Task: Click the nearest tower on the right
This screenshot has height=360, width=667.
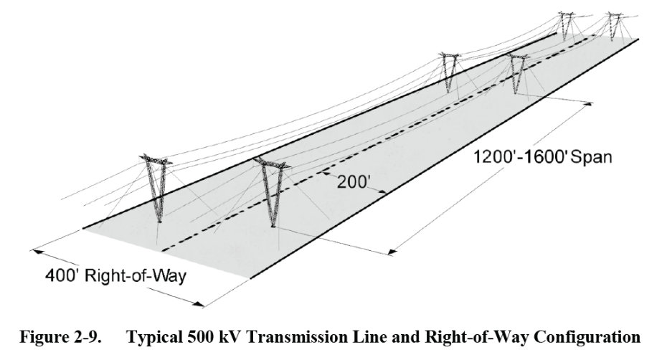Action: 270,194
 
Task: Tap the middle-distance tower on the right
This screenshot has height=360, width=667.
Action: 517,75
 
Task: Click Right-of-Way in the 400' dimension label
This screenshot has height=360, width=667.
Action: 136,275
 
